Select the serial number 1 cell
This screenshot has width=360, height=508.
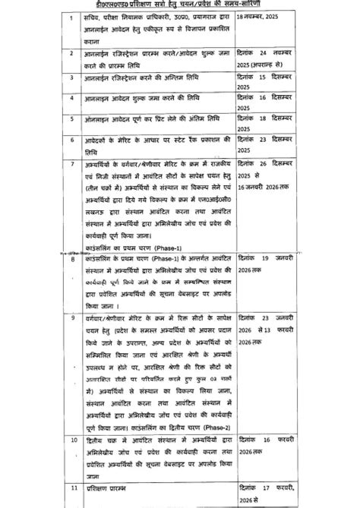click(71, 16)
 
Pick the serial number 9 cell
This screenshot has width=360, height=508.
click(71, 314)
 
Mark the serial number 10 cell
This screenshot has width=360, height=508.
click(71, 440)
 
